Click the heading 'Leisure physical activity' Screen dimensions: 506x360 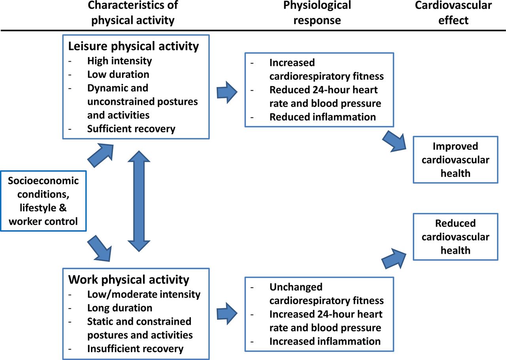[134, 46]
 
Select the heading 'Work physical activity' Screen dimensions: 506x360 [128, 280]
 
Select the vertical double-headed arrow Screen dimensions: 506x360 [139, 201]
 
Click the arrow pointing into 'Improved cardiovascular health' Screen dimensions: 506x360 [394, 141]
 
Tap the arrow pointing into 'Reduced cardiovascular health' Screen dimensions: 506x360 [394, 258]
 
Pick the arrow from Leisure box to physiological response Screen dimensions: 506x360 [227, 92]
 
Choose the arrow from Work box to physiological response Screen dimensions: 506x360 [227, 314]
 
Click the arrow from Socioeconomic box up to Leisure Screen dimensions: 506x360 [100, 155]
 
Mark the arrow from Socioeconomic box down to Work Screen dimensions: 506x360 [100, 248]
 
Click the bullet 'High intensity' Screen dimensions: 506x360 [119, 61]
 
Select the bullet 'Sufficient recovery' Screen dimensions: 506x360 [131, 129]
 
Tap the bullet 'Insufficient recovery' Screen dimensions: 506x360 [135, 349]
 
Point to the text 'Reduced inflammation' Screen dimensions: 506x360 [323, 117]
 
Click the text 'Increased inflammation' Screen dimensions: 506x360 [325, 341]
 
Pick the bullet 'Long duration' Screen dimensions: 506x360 [120, 308]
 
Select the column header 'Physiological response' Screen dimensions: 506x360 [317, 13]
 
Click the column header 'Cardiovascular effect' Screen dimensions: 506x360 [453, 13]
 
